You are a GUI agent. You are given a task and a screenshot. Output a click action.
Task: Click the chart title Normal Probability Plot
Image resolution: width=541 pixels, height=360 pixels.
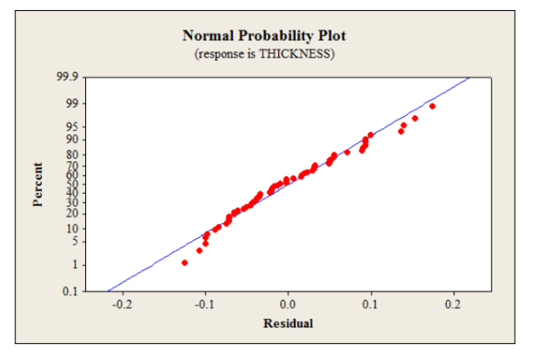point(263,36)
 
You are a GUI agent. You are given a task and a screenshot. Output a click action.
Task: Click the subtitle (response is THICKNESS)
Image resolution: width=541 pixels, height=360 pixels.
point(263,53)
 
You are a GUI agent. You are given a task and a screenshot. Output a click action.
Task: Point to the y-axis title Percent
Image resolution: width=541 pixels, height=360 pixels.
point(38,185)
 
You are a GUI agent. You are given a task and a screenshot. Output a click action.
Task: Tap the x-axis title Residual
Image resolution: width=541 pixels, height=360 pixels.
point(288,323)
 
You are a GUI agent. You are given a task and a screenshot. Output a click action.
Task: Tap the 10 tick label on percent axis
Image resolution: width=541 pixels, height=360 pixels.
point(72,229)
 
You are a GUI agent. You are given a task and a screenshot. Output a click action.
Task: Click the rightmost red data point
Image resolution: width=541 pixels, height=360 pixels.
point(432,106)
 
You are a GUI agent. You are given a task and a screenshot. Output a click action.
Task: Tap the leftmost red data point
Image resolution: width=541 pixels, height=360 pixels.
point(185,262)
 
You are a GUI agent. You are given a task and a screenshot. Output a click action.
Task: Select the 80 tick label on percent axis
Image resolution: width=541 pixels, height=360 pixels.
point(72,155)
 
